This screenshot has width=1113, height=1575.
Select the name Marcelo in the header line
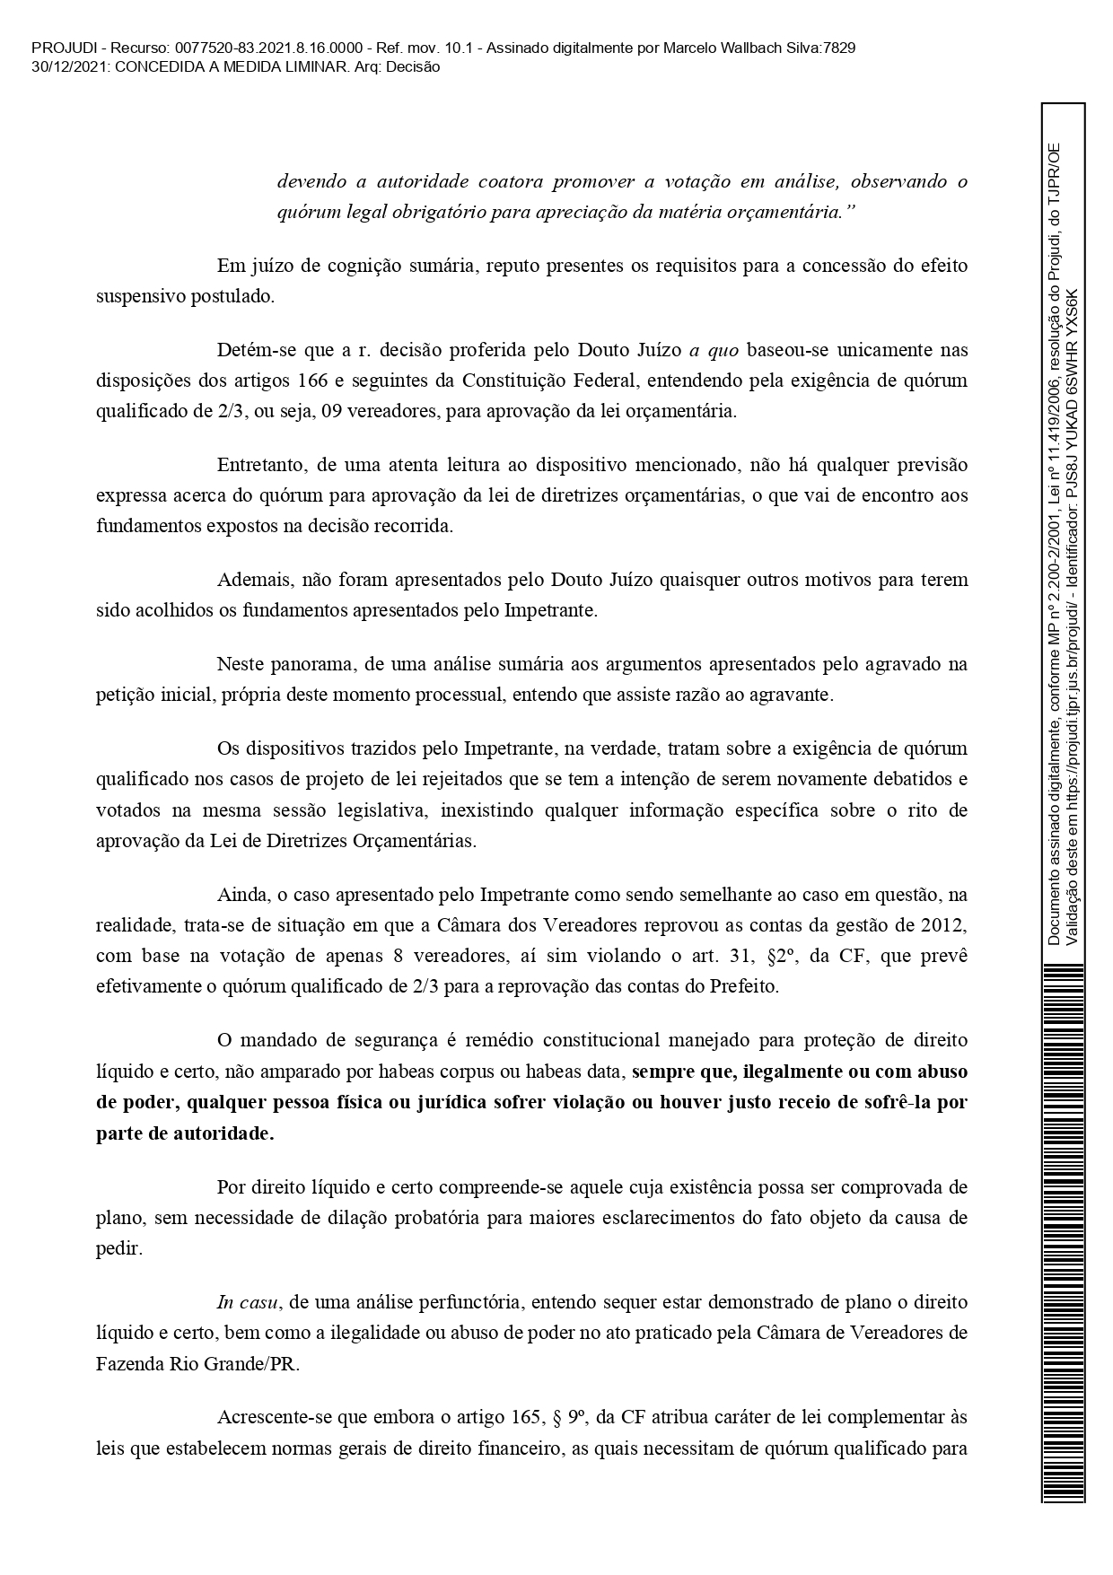tap(688, 48)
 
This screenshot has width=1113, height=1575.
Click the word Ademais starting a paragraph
tap(253, 580)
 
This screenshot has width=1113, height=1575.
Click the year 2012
tap(943, 926)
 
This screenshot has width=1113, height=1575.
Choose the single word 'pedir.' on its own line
tap(119, 1249)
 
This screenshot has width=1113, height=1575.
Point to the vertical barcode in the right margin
tap(1063, 1229)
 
